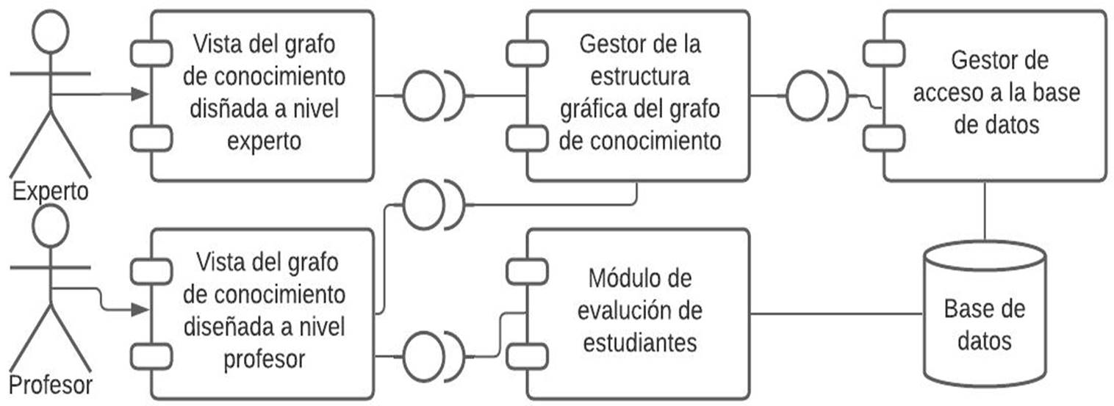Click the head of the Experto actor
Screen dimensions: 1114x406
[x=51, y=31]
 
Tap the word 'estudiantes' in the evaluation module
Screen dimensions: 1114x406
[x=640, y=342]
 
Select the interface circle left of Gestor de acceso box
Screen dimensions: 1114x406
[x=806, y=96]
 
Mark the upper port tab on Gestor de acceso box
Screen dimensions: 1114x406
[x=883, y=53]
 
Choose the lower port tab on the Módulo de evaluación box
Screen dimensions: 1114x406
[x=526, y=356]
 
